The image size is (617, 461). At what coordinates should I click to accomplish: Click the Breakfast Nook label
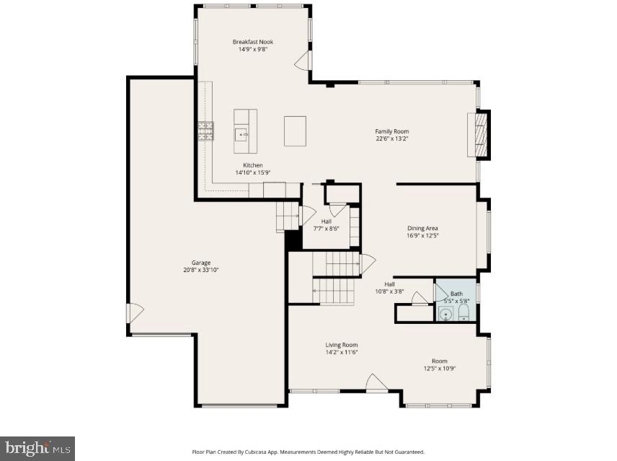(x=252, y=42)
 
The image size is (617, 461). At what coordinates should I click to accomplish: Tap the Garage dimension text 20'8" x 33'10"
(x=201, y=270)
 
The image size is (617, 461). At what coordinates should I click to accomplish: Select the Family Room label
(x=391, y=131)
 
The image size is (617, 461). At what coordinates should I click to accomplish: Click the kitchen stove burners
(x=206, y=131)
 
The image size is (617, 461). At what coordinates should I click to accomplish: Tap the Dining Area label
(x=422, y=228)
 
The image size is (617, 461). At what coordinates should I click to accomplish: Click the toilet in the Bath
(x=463, y=312)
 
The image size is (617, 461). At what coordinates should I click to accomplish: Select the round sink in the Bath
(x=445, y=314)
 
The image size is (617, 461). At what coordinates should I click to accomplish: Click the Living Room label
(x=341, y=345)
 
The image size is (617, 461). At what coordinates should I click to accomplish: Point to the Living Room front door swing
(x=375, y=382)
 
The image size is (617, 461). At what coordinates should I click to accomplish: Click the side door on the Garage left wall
(x=135, y=312)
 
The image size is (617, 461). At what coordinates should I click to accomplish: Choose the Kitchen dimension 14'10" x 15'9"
(x=252, y=172)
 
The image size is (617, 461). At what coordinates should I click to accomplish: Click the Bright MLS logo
(x=37, y=448)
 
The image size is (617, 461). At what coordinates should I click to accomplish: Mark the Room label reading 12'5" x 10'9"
(x=439, y=368)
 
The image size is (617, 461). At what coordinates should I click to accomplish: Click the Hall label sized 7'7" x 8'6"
(x=326, y=229)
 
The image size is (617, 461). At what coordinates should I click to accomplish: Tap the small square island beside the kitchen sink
(x=295, y=131)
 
